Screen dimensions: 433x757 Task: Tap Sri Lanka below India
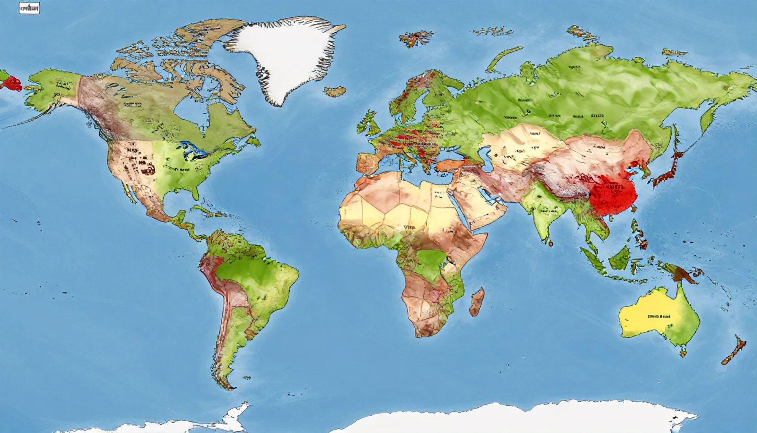point(550,243)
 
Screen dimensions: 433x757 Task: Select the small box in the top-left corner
point(30,8)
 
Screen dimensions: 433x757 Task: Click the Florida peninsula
point(195,193)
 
